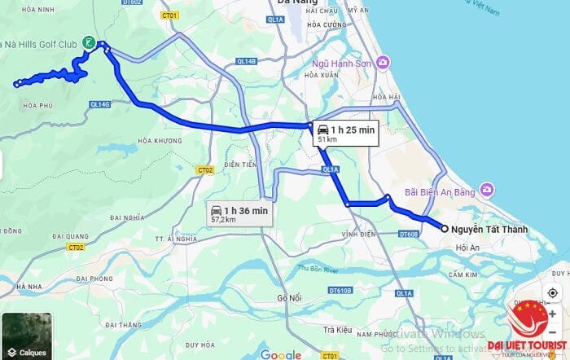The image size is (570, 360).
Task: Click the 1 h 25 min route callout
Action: point(345,133)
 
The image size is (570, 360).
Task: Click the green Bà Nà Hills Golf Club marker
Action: point(89,42)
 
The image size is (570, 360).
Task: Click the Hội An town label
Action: point(468,247)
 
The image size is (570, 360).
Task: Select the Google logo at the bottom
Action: point(280,354)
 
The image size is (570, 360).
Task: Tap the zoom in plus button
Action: point(553,314)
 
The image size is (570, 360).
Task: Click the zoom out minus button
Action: point(553,333)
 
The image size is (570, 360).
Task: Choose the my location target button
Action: point(553,292)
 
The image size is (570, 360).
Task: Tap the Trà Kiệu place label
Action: point(336,330)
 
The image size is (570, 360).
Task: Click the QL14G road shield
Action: point(100,104)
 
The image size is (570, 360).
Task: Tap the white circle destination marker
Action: point(444,229)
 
